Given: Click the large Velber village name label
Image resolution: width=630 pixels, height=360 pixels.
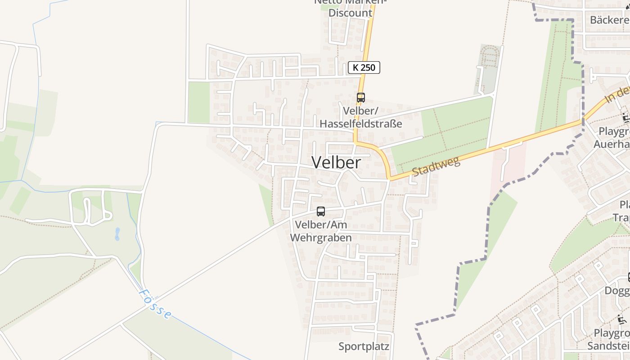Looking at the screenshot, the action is pos(336,162).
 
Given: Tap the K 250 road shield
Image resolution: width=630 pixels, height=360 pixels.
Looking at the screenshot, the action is pos(364,68).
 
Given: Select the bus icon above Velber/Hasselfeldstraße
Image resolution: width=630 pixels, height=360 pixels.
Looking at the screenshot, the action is pos(360,97).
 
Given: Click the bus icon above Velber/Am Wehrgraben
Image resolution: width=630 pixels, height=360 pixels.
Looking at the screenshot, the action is pos(321,211).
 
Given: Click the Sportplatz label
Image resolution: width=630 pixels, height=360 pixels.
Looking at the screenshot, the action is pos(364,346).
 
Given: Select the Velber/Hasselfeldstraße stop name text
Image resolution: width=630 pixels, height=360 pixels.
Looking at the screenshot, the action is pos(360,117).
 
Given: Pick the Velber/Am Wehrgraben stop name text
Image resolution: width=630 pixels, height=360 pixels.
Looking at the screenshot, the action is pos(321,231).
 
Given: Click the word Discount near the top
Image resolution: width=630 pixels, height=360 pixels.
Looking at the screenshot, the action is pos(350,13).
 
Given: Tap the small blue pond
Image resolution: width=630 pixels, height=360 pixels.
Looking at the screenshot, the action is pos(117,234).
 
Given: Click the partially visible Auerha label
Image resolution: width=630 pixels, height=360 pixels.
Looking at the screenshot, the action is pos(611,144).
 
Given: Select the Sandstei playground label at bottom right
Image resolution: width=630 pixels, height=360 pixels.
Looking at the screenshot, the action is pos(608,346).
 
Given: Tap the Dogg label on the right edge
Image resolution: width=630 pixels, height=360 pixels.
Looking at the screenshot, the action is pos(616,291).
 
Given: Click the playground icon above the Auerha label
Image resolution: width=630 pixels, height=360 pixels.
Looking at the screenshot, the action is pos(625,118).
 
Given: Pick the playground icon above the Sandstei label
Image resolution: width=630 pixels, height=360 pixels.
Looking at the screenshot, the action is pos(622,320).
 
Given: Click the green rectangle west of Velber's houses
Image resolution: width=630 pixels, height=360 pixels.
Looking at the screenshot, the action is pos(198,103).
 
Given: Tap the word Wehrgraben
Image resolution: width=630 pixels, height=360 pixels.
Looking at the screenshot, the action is pos(321,238).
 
